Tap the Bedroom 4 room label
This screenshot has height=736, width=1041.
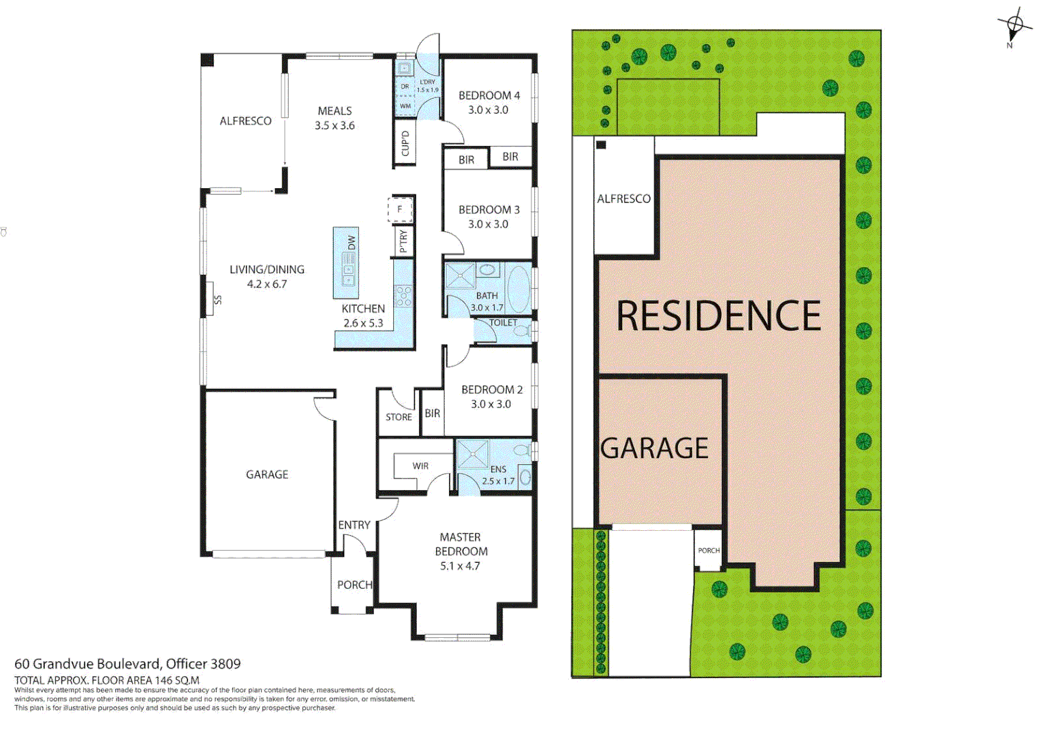488,95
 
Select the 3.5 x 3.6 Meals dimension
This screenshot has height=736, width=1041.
335,125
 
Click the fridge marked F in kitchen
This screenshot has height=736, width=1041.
401,210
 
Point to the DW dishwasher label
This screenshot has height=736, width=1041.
352,243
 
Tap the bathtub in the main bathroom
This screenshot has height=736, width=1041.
518,289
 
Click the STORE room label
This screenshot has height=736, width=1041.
399,417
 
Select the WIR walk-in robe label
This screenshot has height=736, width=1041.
420,466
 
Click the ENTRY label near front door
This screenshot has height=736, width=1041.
354,525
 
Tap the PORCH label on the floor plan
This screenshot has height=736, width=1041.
354,585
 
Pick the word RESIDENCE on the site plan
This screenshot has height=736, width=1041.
718,316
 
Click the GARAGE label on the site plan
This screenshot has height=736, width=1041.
654,448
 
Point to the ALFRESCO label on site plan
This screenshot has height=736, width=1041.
623,199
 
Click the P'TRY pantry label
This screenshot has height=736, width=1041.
403,241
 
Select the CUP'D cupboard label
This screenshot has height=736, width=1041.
405,144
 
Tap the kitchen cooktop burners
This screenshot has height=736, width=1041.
404,295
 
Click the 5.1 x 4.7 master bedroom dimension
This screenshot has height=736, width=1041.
460,566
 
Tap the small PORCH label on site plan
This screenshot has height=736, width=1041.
709,551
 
